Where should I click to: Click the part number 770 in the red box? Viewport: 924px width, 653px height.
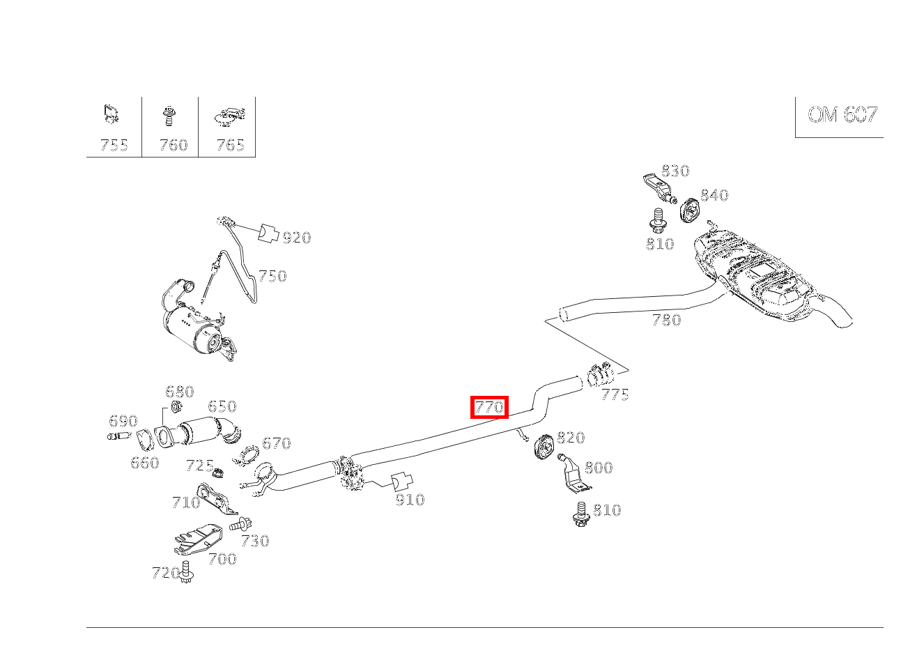point(489,407)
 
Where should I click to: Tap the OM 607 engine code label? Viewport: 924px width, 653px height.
point(842,115)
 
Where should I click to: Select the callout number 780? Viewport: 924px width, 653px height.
point(665,320)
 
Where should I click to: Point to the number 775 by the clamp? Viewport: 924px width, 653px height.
point(615,395)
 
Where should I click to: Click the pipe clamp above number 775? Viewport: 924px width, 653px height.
point(599,375)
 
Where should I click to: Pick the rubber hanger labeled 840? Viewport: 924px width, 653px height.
point(689,209)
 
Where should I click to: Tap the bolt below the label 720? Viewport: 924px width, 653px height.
point(185,572)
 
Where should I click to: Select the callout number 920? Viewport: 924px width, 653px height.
point(296,238)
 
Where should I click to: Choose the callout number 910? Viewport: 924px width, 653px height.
point(409,500)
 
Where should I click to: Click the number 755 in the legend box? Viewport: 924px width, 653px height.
point(114,145)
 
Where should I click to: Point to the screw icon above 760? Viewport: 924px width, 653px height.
point(168,116)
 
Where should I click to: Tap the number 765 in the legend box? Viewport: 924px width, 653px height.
point(230,145)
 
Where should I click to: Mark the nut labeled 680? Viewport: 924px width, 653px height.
point(176,408)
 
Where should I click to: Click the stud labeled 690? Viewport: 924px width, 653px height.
point(119,437)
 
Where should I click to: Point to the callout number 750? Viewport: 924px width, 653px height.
point(272,276)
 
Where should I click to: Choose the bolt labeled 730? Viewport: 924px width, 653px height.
point(241,524)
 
